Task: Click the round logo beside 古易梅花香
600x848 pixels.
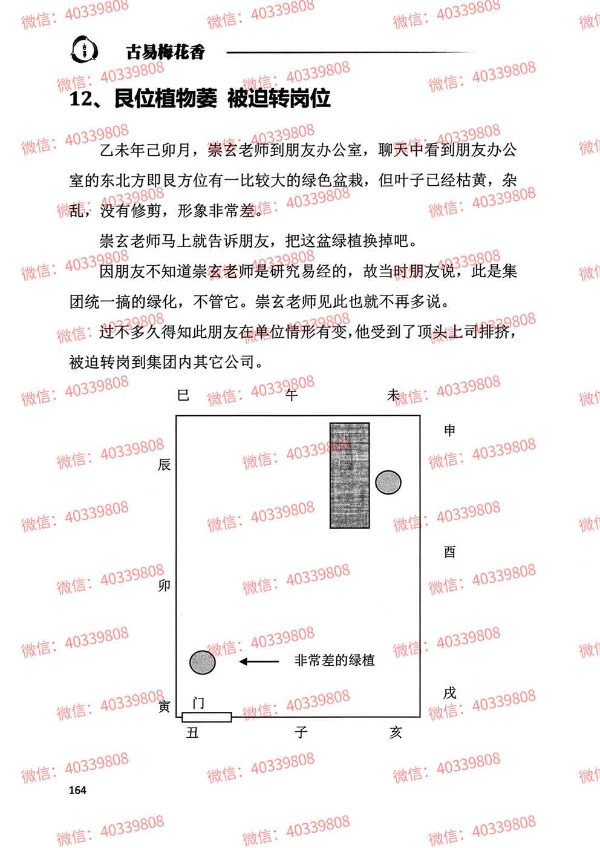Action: pos(85,49)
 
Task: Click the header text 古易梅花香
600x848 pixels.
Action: pos(165,52)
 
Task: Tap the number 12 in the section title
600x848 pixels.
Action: pos(80,99)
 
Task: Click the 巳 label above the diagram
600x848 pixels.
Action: pos(183,395)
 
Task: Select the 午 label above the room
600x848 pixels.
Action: pos(292,395)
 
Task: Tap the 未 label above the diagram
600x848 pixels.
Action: pos(393,395)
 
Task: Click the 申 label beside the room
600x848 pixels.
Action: pos(449,430)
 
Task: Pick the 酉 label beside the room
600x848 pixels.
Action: pos(449,553)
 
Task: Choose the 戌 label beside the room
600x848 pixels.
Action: pos(449,693)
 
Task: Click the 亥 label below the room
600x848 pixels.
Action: pos(396,732)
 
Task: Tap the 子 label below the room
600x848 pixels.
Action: pos(301,732)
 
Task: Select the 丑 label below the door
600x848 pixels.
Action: pos(192,733)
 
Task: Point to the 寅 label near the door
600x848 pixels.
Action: pos(164,706)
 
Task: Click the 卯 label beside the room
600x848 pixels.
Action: pos(164,586)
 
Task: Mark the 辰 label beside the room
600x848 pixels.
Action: pos(164,464)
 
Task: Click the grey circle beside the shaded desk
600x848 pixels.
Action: pos(388,482)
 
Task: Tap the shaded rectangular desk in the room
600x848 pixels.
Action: pos(350,476)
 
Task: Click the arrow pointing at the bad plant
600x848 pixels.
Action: pos(259,662)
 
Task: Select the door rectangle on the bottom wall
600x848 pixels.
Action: pos(207,717)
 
